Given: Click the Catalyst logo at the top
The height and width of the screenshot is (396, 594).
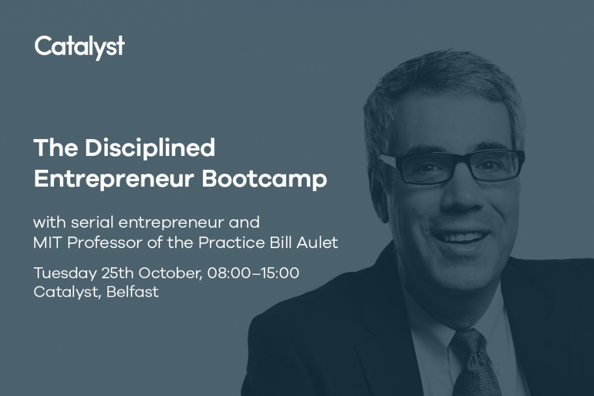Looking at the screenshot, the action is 79,48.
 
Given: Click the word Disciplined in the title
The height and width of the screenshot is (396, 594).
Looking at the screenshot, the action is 150,147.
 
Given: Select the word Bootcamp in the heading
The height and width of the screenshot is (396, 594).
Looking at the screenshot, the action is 265,179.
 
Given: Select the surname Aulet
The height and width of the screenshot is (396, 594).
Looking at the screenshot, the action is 317,243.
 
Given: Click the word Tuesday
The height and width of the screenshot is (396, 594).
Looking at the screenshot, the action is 65,273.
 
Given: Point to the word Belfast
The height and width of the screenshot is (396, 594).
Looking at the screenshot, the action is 133,292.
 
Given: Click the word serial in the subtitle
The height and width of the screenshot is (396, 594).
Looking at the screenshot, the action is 92,222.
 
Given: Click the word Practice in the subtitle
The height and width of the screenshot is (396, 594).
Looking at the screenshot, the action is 233,243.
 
